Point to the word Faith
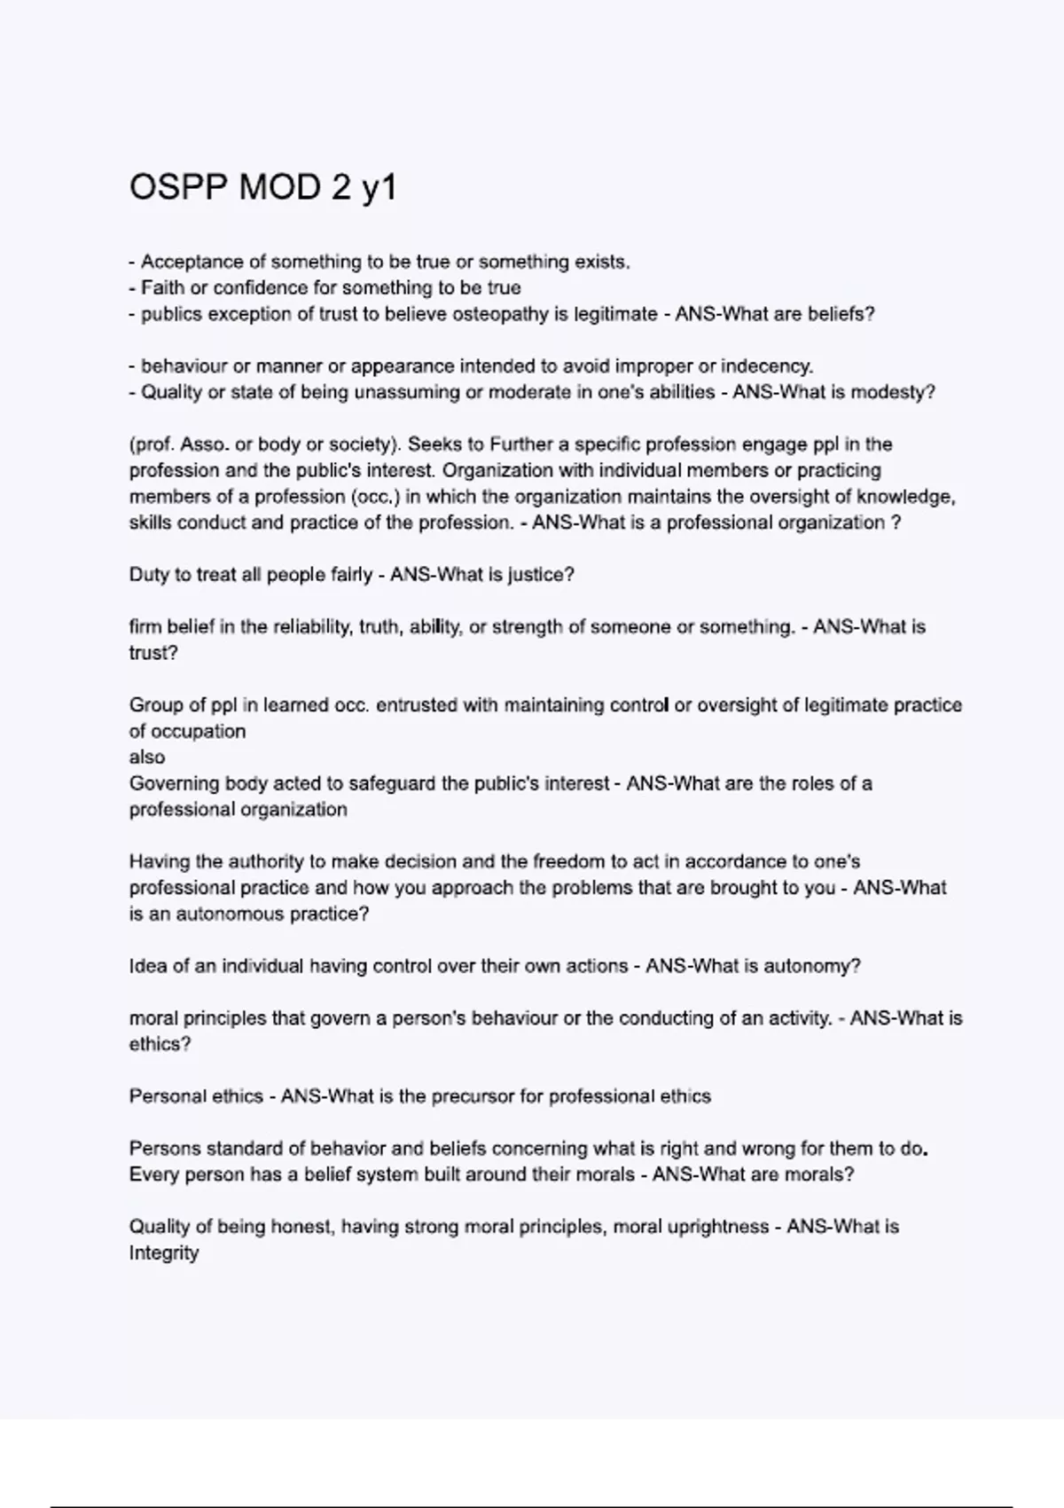coord(162,288)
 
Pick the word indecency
coord(767,366)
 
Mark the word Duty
coord(148,575)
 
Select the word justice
coord(541,575)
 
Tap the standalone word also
coord(147,758)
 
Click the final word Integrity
coord(164,1253)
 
